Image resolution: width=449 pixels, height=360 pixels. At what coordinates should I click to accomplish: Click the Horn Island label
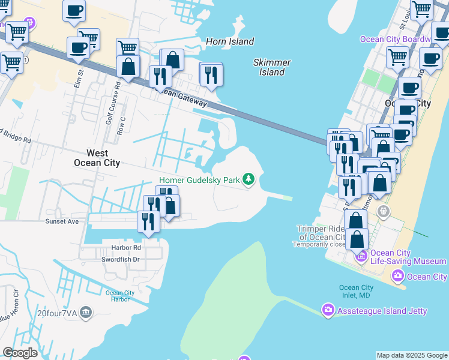pos(229,41)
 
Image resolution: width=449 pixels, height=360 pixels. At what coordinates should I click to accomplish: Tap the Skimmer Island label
pos(272,67)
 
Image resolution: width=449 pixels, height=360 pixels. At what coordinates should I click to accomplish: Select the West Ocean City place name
pos(97,158)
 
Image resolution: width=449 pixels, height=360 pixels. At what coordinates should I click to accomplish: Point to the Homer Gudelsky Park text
pos(199,180)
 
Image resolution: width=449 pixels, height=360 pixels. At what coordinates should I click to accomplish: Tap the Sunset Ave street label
pos(62,221)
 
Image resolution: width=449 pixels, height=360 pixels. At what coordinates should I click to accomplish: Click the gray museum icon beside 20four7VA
pos(86,312)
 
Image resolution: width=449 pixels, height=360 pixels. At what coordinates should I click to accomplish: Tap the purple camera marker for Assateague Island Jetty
pos(328,310)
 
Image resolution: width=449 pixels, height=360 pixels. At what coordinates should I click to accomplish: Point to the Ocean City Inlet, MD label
pos(356,292)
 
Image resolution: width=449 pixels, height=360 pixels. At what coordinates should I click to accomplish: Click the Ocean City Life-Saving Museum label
pos(408,257)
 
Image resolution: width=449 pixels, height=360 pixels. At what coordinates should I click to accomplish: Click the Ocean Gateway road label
pos(183,98)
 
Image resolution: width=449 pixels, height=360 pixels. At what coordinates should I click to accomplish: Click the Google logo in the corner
pos(20,353)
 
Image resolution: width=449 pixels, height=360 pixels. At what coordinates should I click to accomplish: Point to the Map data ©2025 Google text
pos(412,355)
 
